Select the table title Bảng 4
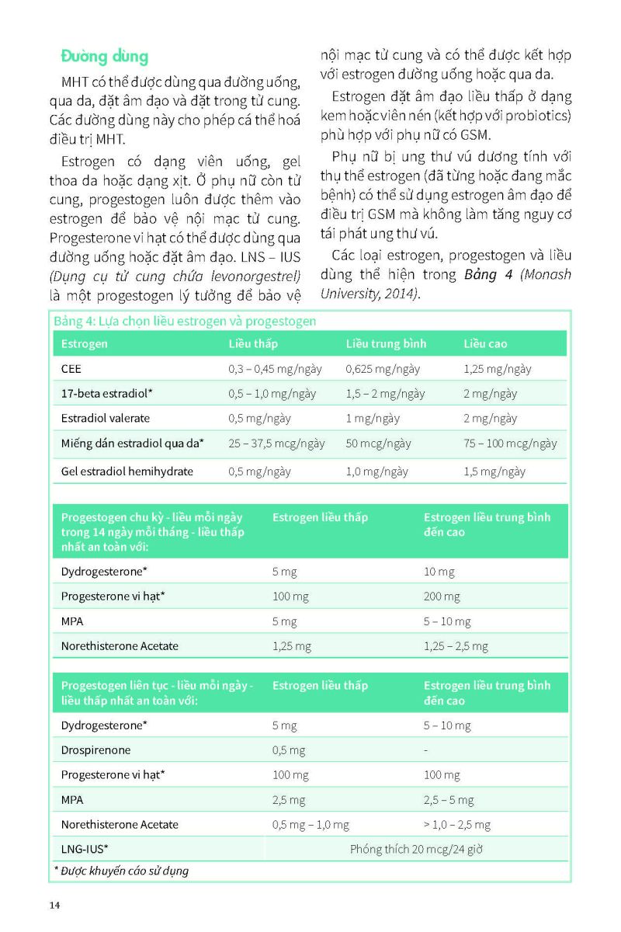[185, 320]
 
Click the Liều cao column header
[486, 343]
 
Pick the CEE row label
[71, 369]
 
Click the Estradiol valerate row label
[106, 418]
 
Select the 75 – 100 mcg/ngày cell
[510, 443]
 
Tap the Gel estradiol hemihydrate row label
[127, 471]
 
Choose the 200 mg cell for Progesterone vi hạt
[442, 596]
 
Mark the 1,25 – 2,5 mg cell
[456, 645]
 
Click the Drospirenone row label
[95, 750]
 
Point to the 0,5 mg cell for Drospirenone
[289, 750]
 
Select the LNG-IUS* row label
[85, 848]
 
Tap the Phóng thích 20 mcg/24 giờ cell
[416, 849]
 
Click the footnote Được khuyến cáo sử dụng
[123, 871]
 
